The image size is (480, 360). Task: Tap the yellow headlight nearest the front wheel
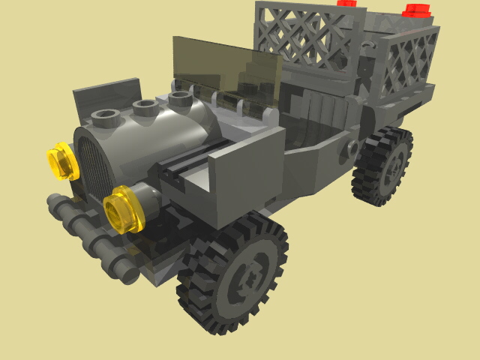pyautogui.click(x=123, y=211)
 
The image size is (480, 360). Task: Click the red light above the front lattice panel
pyautogui.click(x=346, y=3)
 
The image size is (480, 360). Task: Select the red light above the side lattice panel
pyautogui.click(x=417, y=10)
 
